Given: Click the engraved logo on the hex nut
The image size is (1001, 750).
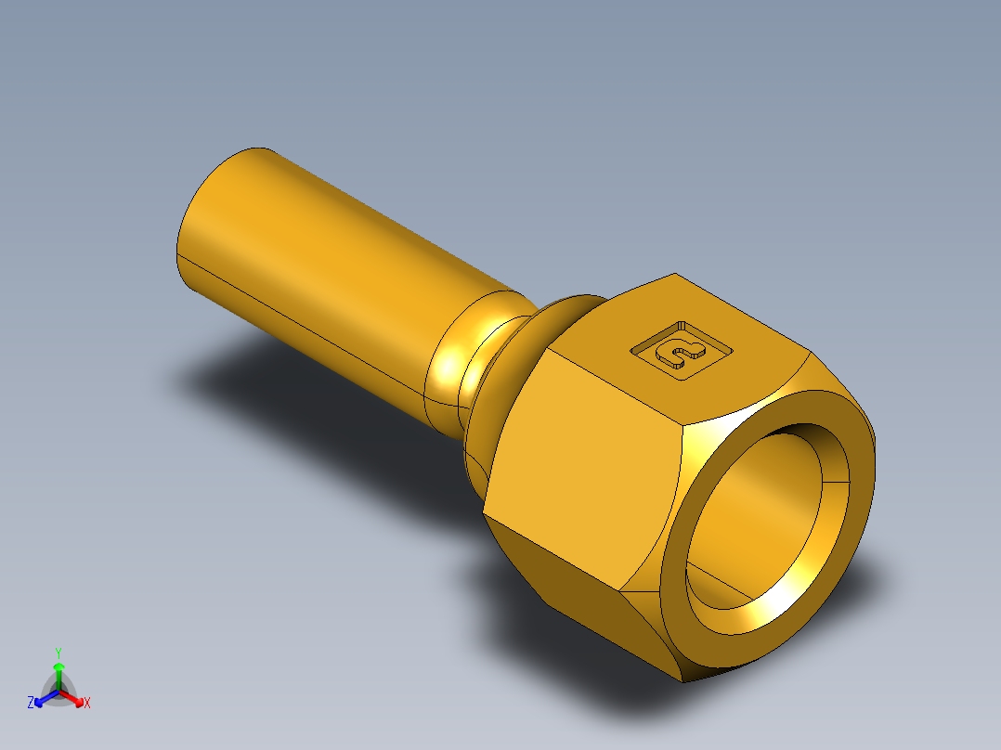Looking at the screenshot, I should (681, 350).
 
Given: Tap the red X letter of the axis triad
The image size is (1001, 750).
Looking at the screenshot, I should (87, 704).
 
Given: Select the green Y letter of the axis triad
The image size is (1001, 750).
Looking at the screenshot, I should (58, 653).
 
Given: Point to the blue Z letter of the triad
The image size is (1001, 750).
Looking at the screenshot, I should (31, 704).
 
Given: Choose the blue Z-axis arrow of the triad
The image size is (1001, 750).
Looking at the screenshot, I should (43, 699).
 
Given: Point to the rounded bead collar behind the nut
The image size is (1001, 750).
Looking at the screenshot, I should (501, 371).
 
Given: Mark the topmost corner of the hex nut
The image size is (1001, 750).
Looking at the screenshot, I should (675, 275).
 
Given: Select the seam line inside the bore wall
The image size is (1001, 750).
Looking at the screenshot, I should (836, 484).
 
